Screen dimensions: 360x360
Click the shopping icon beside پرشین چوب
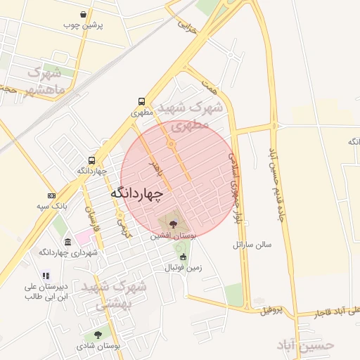click(84, 14)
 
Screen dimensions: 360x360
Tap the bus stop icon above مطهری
click(142, 101)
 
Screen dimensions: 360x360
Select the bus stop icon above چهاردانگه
click(92, 160)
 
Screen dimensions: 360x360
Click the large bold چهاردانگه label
click(136, 192)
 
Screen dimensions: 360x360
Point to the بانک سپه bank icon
click(51, 195)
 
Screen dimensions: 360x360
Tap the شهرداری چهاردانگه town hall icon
click(67, 242)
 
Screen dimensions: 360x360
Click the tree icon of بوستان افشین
click(173, 224)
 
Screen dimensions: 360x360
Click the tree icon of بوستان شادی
click(98, 335)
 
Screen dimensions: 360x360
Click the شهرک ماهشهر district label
click(45, 82)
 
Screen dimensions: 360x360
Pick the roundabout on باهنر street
click(171, 144)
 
